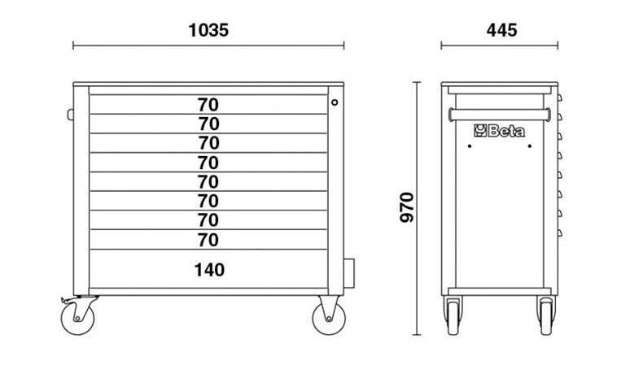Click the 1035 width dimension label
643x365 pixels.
208,30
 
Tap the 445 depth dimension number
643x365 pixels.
501,30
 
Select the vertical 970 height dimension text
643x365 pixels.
407,207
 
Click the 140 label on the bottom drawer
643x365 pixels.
209,270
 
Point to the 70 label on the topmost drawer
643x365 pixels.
208,105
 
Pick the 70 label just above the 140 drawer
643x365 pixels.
208,240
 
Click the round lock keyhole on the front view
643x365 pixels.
335,102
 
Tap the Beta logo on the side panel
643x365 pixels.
499,131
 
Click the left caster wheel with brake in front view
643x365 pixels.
77,319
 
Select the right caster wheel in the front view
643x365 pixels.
329,319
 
